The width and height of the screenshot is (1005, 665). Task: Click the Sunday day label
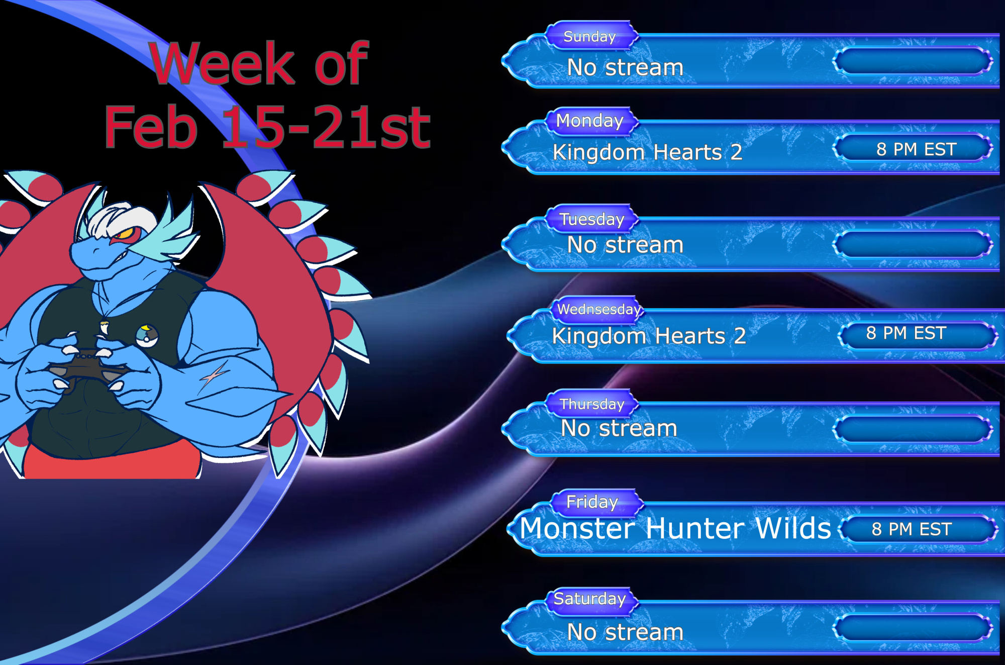(589, 37)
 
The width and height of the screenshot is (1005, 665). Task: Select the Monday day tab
(589, 121)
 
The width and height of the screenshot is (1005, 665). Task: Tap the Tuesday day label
(592, 219)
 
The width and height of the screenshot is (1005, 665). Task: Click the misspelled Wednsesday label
(599, 309)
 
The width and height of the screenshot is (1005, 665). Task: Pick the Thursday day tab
(592, 404)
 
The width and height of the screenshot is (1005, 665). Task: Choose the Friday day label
(592, 502)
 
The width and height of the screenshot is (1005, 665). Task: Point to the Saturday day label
(589, 599)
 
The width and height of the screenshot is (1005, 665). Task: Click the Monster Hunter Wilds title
(675, 528)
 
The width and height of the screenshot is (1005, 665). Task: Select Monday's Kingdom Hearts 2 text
(647, 152)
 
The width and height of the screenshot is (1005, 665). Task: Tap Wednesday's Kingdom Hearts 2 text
(649, 336)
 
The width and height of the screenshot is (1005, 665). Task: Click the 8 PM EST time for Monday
(916, 149)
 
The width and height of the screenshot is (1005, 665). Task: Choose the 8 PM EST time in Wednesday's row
(906, 333)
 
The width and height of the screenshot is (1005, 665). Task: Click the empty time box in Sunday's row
(913, 61)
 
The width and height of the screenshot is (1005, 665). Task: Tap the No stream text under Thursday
(619, 428)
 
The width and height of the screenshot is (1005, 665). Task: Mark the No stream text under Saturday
(625, 632)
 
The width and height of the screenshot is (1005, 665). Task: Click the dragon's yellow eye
(124, 234)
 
